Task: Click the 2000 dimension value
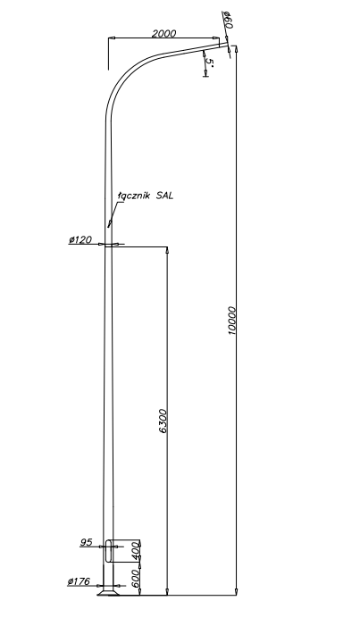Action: pos(163,33)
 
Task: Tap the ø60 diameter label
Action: pos(228,20)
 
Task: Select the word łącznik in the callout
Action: pos(133,196)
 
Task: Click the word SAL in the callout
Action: pos(164,196)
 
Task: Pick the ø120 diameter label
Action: pos(80,239)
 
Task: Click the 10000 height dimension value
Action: pos(232,321)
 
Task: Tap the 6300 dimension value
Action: pos(163,421)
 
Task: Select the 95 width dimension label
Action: pos(87,542)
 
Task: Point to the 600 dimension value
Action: pos(136,578)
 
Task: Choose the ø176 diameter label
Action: pos(79,581)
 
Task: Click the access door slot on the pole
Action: pos(108,551)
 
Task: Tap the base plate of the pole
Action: pos(108,593)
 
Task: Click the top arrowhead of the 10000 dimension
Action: pos(236,49)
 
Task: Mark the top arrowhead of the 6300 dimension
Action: pos(167,250)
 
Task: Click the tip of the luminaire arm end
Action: pos(228,46)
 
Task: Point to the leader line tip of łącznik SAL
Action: pos(108,226)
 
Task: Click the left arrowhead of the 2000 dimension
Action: pos(112,38)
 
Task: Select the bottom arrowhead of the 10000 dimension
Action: pos(236,592)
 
